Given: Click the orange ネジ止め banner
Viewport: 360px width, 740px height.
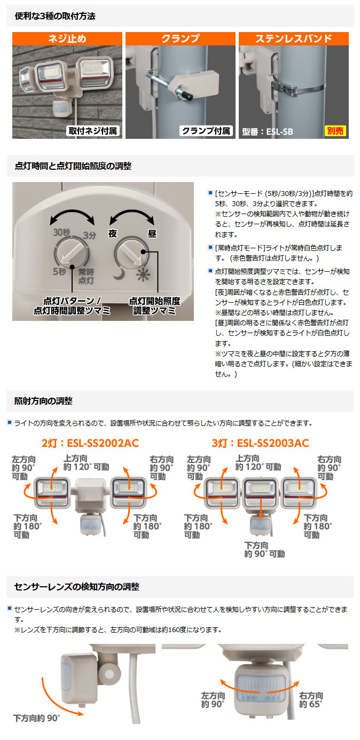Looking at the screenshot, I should coord(67,39).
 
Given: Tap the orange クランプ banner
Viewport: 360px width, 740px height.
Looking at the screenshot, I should coord(180,39).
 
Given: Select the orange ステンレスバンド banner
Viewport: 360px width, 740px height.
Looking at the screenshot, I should coord(293,39).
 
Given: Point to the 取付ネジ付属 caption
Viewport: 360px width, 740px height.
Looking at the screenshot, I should coord(92,131).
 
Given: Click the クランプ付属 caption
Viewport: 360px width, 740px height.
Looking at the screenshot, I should coord(206,131).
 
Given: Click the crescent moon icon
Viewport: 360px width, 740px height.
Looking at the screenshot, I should coord(118,275).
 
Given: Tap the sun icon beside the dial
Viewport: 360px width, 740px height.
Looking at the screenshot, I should coord(143,275).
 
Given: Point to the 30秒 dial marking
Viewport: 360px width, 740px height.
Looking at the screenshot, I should coord(61,232).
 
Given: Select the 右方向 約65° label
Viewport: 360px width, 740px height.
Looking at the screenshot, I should coord(311,700).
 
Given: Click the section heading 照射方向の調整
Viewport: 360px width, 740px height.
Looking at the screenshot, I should coord(44,401).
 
